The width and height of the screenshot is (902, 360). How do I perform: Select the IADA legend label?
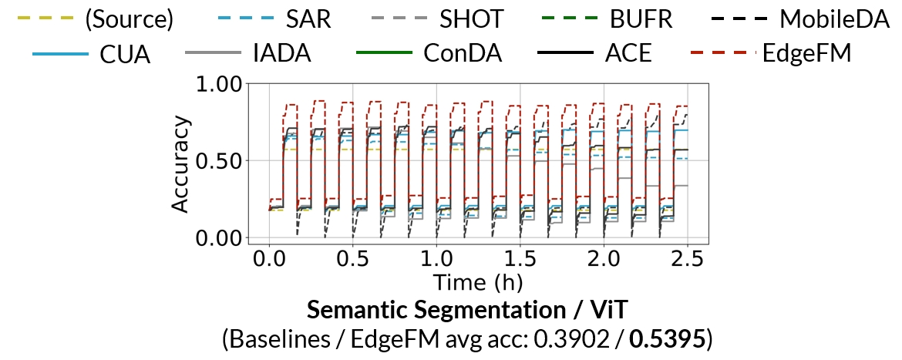coord(283,54)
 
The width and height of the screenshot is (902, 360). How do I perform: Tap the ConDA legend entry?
coord(463,54)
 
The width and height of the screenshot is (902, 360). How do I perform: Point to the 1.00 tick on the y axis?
coord(220,83)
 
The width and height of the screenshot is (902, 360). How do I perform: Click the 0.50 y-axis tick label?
coord(220,160)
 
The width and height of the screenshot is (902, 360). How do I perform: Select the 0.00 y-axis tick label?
coord(220,237)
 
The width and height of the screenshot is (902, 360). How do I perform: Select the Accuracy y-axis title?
coord(180,163)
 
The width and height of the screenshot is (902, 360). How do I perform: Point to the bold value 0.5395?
coord(668,338)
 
